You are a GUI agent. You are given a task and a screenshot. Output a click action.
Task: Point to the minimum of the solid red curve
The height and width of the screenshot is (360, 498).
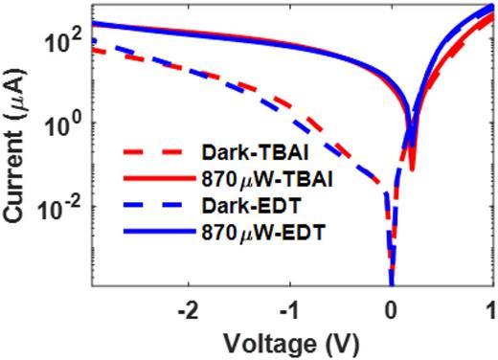(412, 169)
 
